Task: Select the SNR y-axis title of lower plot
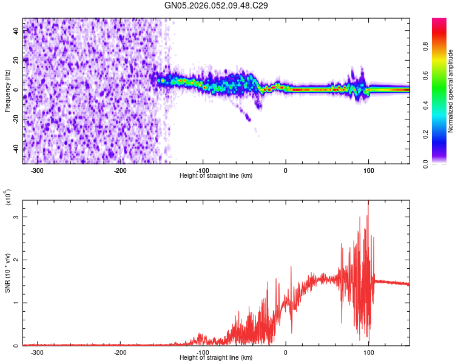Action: [7, 273]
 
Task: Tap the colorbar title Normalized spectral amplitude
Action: [450, 91]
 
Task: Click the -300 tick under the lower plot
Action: [38, 352]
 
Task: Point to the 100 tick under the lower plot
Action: [368, 352]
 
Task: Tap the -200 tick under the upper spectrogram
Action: [120, 170]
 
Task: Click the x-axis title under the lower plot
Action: [217, 358]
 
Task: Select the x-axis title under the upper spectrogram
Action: [217, 176]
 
